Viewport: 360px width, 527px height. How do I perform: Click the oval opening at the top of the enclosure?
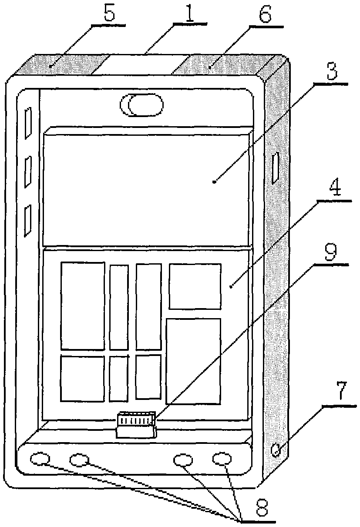coord(141,105)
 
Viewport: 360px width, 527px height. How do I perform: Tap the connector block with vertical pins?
coord(136,425)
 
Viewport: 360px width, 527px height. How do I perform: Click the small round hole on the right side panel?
coord(277,450)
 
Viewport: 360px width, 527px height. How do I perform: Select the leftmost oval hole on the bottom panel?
coord(40,458)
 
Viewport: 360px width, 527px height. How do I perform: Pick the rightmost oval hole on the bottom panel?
coord(222,458)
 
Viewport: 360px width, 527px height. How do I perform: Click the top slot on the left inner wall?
coord(28,123)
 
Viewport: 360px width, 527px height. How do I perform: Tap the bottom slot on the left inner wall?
coord(28,221)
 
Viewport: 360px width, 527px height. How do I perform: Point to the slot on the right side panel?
coord(276,168)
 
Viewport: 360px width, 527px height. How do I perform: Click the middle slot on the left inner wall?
coord(28,172)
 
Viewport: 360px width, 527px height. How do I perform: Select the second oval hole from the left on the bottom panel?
coord(80,460)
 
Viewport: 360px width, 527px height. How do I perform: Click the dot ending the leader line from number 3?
coord(214,181)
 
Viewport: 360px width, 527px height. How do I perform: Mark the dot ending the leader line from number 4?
coord(231,286)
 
